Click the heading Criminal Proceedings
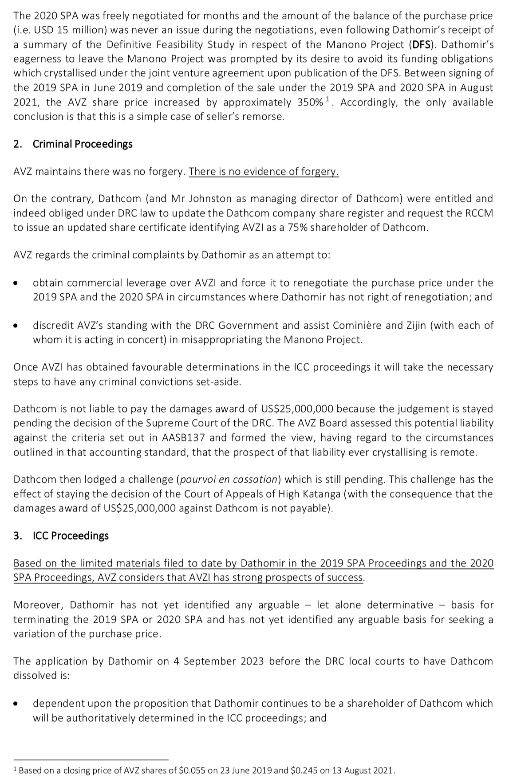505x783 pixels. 83,144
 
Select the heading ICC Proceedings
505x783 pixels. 71,535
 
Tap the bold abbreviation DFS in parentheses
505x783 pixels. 422,44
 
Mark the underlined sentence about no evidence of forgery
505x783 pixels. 264,171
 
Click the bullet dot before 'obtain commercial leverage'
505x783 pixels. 16,283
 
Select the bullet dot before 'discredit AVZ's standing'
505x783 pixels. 16,326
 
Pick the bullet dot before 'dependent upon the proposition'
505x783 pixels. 16,704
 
